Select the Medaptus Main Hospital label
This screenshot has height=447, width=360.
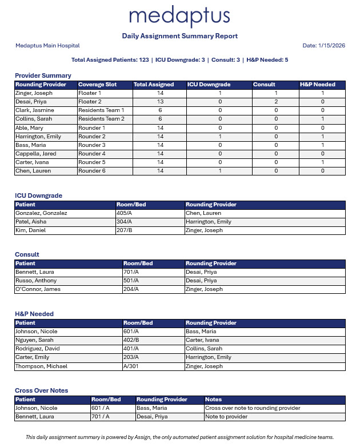pyautogui.click(x=47, y=46)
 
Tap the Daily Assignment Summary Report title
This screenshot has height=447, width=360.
pyautogui.click(x=180, y=36)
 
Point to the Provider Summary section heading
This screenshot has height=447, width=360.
pyautogui.click(x=43, y=75)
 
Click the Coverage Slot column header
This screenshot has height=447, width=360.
pyautogui.click(x=97, y=85)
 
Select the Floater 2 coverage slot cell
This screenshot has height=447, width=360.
pyautogui.click(x=90, y=102)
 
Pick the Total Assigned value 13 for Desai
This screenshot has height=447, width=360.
pyautogui.click(x=160, y=102)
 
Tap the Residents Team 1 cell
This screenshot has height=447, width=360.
pyautogui.click(x=101, y=110)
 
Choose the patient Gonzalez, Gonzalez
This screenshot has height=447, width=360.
pyautogui.click(x=41, y=213)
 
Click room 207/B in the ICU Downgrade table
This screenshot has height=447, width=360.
pyautogui.click(x=125, y=230)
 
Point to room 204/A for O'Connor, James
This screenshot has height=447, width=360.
pyautogui.click(x=131, y=289)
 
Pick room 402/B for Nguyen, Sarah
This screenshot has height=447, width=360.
pyautogui.click(x=131, y=340)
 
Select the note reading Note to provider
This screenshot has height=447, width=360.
pyautogui.click(x=226, y=417)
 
